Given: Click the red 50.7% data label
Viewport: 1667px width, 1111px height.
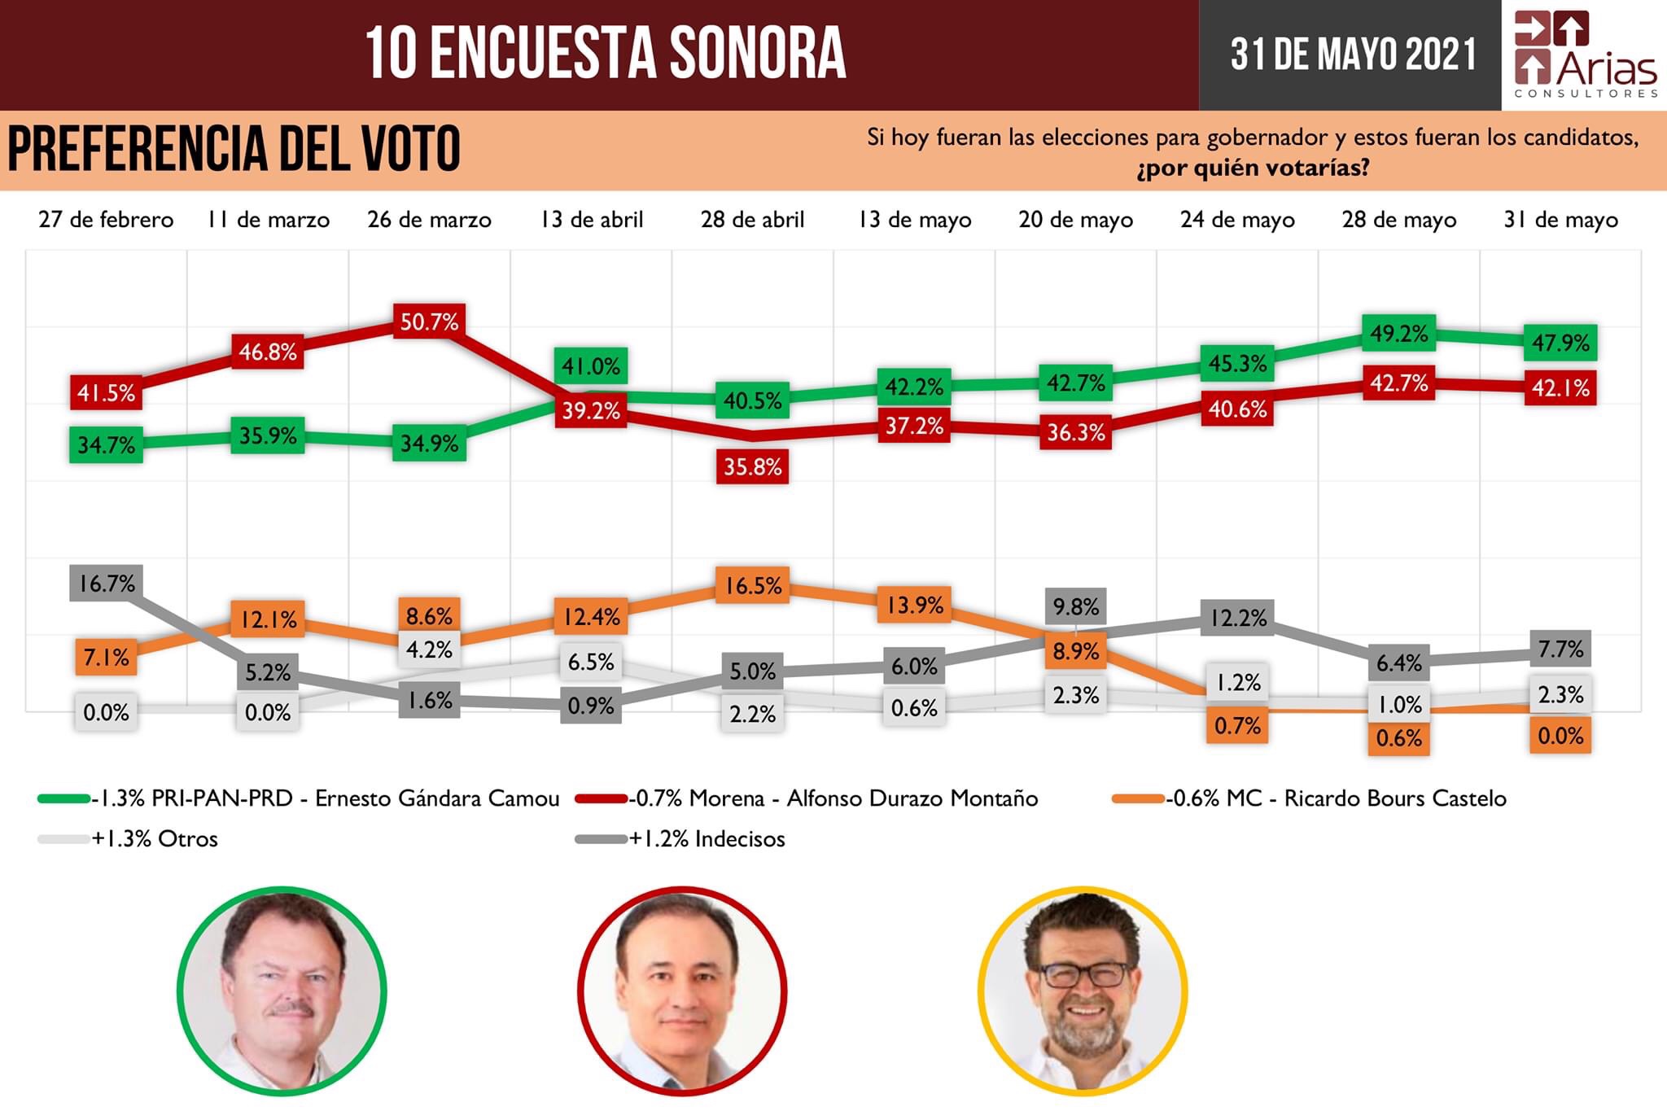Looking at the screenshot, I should (x=429, y=322).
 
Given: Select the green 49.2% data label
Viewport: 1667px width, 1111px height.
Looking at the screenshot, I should (x=1398, y=334).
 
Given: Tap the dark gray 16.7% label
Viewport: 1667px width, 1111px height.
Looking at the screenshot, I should (x=107, y=584).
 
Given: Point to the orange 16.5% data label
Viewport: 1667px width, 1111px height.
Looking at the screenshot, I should (x=753, y=586).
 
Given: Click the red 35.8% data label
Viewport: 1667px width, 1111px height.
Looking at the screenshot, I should (x=752, y=467).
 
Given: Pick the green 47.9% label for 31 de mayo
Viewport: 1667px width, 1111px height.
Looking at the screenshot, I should (x=1560, y=343).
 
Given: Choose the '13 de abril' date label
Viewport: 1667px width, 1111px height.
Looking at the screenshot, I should (x=592, y=220).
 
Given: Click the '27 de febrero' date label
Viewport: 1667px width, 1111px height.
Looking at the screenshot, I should (x=106, y=220).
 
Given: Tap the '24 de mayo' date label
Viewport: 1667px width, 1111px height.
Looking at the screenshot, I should (x=1237, y=220).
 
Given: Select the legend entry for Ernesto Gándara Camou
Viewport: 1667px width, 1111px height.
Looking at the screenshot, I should (x=326, y=798).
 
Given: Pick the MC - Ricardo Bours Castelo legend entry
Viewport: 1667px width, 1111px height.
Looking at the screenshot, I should (x=1335, y=798).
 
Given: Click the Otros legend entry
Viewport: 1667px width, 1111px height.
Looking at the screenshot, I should (x=155, y=839).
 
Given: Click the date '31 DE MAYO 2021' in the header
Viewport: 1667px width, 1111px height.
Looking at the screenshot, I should (x=1353, y=55).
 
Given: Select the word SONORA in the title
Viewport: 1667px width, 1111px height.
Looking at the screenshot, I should (x=757, y=54).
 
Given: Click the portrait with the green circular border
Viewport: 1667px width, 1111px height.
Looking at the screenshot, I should (x=282, y=991).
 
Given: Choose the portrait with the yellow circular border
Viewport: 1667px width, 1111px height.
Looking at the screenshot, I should (x=1083, y=991).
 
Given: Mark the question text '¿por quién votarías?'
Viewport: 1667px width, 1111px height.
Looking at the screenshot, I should (x=1253, y=168).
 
